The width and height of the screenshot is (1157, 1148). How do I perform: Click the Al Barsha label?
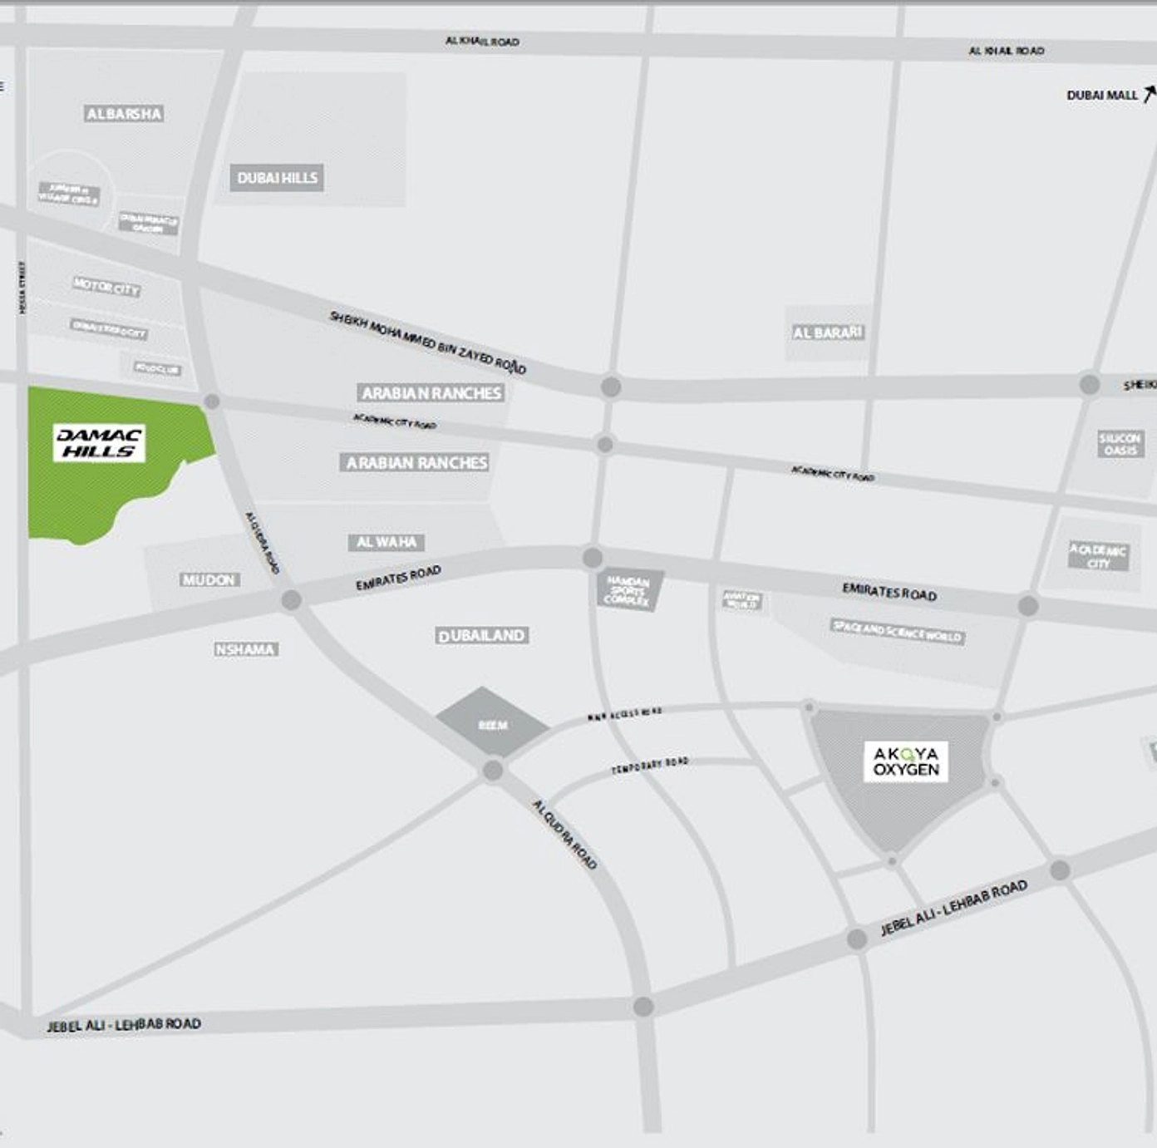[124, 113]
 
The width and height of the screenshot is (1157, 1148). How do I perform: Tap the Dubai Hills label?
[277, 177]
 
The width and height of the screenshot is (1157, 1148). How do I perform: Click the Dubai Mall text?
[1101, 96]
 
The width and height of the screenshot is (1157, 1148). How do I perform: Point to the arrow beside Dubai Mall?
[1149, 92]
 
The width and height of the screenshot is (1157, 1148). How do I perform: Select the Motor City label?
[106, 288]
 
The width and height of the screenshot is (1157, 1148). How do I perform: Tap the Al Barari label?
[828, 333]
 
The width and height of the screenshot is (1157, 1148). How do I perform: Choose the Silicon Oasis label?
[1120, 444]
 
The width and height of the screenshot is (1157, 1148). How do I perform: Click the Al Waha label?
[386, 542]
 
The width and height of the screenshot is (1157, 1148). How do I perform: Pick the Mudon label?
[209, 579]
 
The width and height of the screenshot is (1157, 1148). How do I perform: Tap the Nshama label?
[245, 649]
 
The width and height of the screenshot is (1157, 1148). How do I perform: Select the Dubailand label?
[482, 636]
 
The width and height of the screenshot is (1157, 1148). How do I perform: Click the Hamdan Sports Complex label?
[628, 589]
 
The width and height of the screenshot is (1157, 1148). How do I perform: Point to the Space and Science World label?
[898, 631]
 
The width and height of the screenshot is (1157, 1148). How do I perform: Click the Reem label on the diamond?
[493, 725]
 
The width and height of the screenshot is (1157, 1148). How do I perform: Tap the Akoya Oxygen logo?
[906, 761]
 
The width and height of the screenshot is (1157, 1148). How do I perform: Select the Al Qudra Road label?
[564, 834]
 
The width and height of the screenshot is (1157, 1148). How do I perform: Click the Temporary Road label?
[650, 766]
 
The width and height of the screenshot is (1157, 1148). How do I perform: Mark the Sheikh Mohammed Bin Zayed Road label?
[427, 342]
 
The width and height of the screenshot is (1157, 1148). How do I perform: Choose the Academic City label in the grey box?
[1098, 556]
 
